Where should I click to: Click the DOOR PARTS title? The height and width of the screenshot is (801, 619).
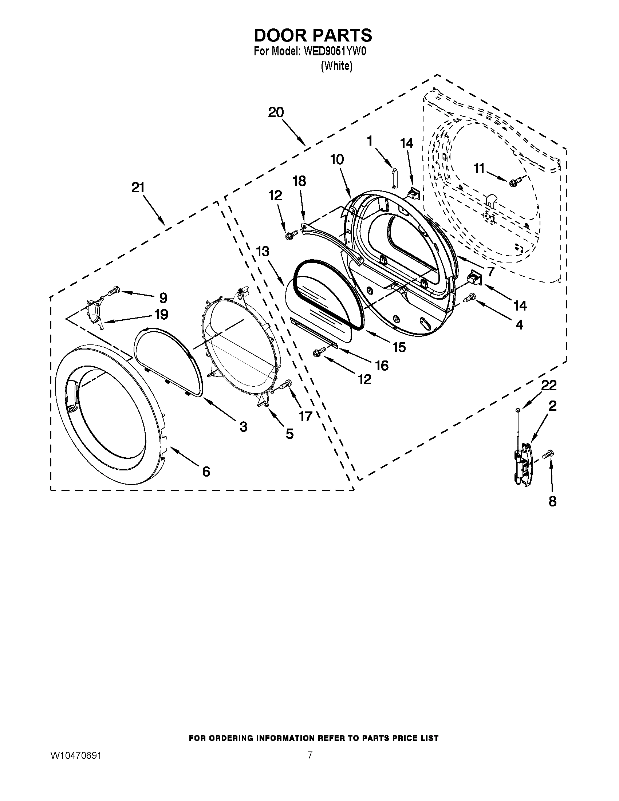(313, 35)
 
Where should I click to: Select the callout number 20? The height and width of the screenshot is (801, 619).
(276, 112)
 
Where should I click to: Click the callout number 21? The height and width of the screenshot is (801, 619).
(138, 188)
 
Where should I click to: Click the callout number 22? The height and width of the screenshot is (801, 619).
(549, 385)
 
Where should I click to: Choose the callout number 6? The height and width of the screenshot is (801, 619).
(206, 471)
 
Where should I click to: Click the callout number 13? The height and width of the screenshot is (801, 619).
(263, 252)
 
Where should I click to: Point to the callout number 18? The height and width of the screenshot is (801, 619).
(299, 181)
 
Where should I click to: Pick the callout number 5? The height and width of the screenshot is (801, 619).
(289, 434)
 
